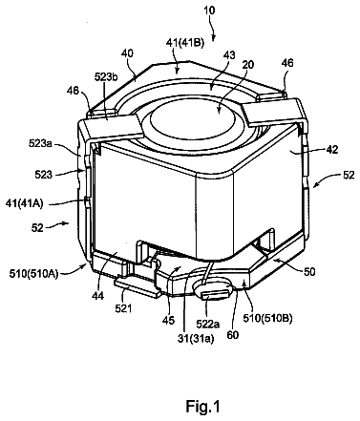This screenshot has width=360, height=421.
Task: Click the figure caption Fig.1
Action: click(x=202, y=407)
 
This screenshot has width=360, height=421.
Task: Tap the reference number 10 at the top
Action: click(x=209, y=11)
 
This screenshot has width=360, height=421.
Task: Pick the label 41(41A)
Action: click(x=24, y=203)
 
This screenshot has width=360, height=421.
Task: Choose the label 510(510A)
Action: click(x=33, y=274)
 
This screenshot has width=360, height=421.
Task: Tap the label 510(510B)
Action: click(x=267, y=318)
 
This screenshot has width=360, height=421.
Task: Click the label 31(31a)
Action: click(x=196, y=339)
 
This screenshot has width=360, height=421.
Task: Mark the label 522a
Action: click(x=207, y=324)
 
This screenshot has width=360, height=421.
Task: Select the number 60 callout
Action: click(x=233, y=335)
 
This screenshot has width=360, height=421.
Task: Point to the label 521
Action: click(x=123, y=307)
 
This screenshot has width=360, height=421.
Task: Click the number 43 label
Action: click(x=229, y=55)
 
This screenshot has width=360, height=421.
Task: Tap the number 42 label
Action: click(x=332, y=149)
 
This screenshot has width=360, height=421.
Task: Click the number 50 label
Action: click(x=308, y=271)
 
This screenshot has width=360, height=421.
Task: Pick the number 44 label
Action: click(x=97, y=295)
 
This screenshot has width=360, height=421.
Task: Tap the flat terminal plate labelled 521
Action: click(x=138, y=287)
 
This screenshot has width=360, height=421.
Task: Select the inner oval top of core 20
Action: click(x=193, y=122)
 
